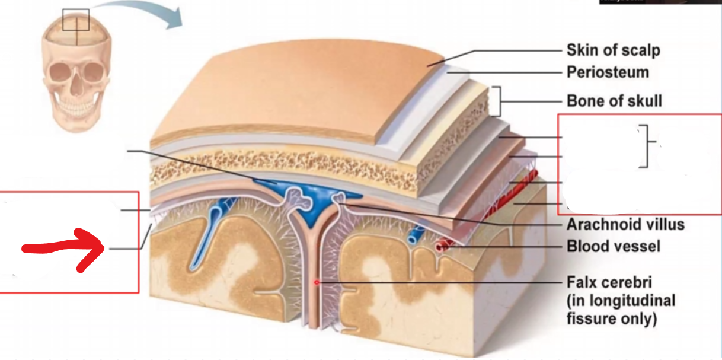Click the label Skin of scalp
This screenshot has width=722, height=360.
[x=613, y=50]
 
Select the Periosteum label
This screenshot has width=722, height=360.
[x=608, y=72]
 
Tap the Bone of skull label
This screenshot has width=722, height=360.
[x=614, y=101]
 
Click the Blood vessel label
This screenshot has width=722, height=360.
[x=613, y=246]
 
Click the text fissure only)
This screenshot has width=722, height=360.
[x=612, y=318]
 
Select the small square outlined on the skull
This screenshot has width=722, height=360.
[x=75, y=20]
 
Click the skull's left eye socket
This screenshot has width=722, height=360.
[x=59, y=73]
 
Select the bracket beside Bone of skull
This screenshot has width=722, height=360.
[x=496, y=101]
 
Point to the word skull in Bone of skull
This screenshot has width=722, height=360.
[x=643, y=101]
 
